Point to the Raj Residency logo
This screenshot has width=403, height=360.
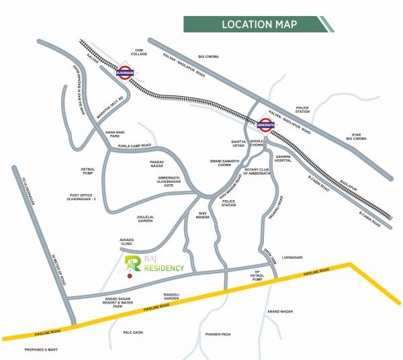pyautogui.click(x=155, y=263)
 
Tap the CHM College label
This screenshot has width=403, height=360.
pyautogui.click(x=140, y=53)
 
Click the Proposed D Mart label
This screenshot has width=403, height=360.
pyautogui.click(x=44, y=349)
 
